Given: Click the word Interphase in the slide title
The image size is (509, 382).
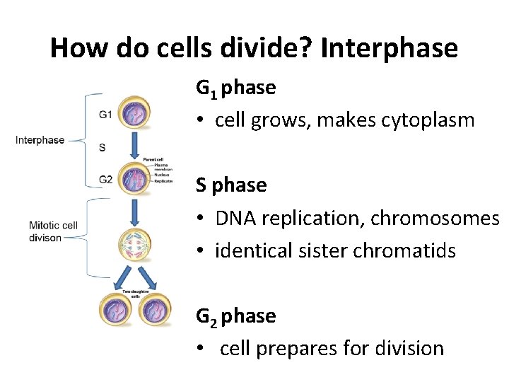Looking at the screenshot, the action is click(389, 48).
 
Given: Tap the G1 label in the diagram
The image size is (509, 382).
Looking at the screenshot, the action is click(106, 113).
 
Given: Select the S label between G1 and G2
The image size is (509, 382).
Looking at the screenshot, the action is click(103, 147).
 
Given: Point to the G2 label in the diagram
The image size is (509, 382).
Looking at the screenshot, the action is click(106, 180).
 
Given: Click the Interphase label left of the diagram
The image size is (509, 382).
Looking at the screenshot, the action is click(40, 140).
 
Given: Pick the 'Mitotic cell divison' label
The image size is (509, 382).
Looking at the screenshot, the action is click(53, 231).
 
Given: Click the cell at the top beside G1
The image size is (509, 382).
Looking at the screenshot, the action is click(134, 113).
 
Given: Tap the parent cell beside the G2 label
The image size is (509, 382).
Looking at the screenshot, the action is click(134, 178).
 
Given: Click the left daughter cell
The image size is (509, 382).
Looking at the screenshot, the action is click(117, 310).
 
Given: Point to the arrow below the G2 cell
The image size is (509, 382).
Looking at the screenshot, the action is click(134, 211).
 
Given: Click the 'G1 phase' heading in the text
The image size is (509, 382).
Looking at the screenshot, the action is click(235, 88).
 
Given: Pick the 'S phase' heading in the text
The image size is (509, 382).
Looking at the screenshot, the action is click(231, 185).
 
